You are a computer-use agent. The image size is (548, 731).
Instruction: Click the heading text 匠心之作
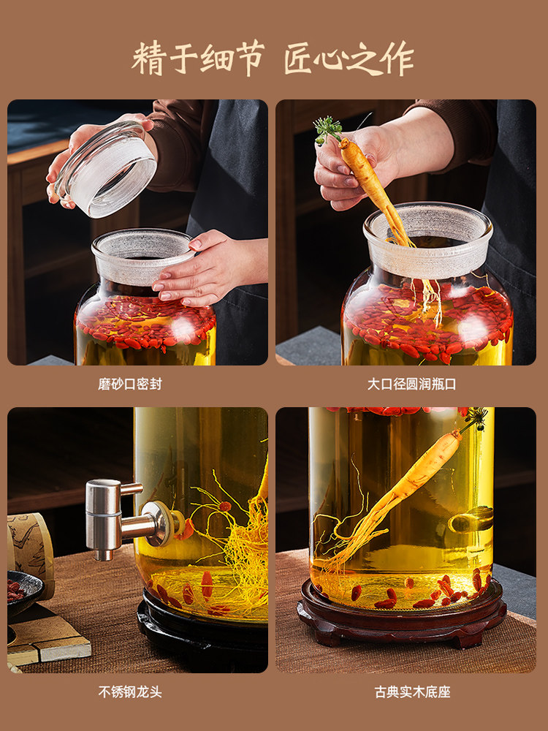(x=349, y=58)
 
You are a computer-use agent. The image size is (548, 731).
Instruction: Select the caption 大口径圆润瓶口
(x=411, y=384)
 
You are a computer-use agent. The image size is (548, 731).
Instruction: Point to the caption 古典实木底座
(x=412, y=691)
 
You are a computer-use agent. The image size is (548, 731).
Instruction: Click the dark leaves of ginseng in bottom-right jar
(x=477, y=417)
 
